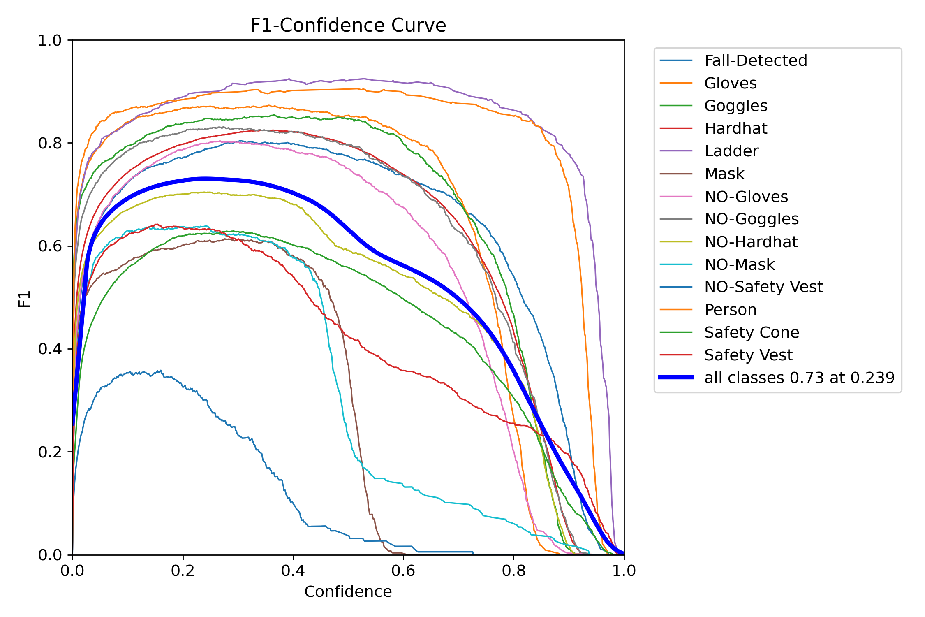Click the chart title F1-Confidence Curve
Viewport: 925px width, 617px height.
coord(348,26)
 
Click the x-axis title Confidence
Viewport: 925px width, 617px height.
coord(348,591)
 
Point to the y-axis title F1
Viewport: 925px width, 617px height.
coord(25,299)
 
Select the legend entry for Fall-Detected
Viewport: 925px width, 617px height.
coord(756,60)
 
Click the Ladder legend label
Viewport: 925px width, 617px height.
coord(731,151)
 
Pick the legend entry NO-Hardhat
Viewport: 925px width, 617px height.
coord(751,242)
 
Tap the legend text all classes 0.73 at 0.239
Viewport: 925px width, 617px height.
coord(799,378)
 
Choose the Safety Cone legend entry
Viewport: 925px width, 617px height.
coord(752,332)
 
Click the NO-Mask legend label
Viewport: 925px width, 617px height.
coord(739,264)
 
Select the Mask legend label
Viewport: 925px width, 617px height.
coord(724,174)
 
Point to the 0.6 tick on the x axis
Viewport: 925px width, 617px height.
coord(403,571)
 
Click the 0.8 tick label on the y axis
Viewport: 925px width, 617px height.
coord(49,143)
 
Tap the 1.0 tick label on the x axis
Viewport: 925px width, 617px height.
coord(624,571)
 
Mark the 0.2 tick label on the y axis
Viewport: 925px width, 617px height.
coord(49,452)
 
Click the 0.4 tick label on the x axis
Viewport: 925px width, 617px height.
coord(293,571)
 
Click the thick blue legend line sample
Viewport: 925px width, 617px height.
coord(676,377)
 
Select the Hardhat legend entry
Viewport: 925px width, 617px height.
coord(735,128)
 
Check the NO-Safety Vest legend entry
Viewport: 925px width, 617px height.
coord(763,287)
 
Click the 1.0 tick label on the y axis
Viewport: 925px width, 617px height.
coord(49,40)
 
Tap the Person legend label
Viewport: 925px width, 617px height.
coord(730,310)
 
